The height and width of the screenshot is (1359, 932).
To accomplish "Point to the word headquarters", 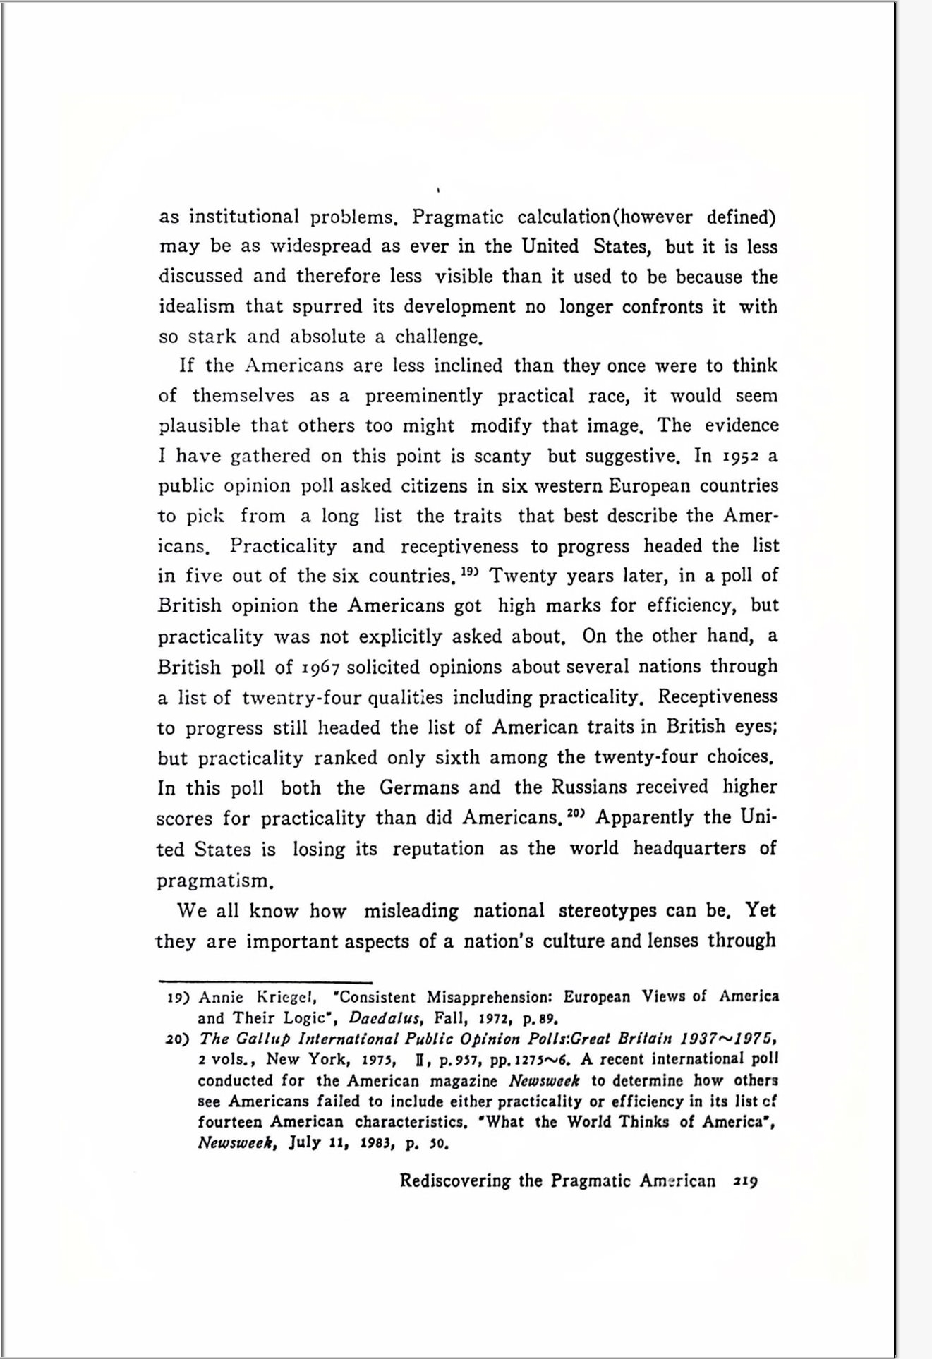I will click(x=689, y=848).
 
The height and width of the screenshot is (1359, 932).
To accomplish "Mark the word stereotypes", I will click(x=607, y=911).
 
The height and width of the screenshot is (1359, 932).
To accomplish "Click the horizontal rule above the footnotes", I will click(x=265, y=981).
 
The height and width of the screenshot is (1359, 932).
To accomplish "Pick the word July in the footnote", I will click(x=304, y=1143).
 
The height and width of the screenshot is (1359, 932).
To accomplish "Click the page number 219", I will click(x=745, y=1181).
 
